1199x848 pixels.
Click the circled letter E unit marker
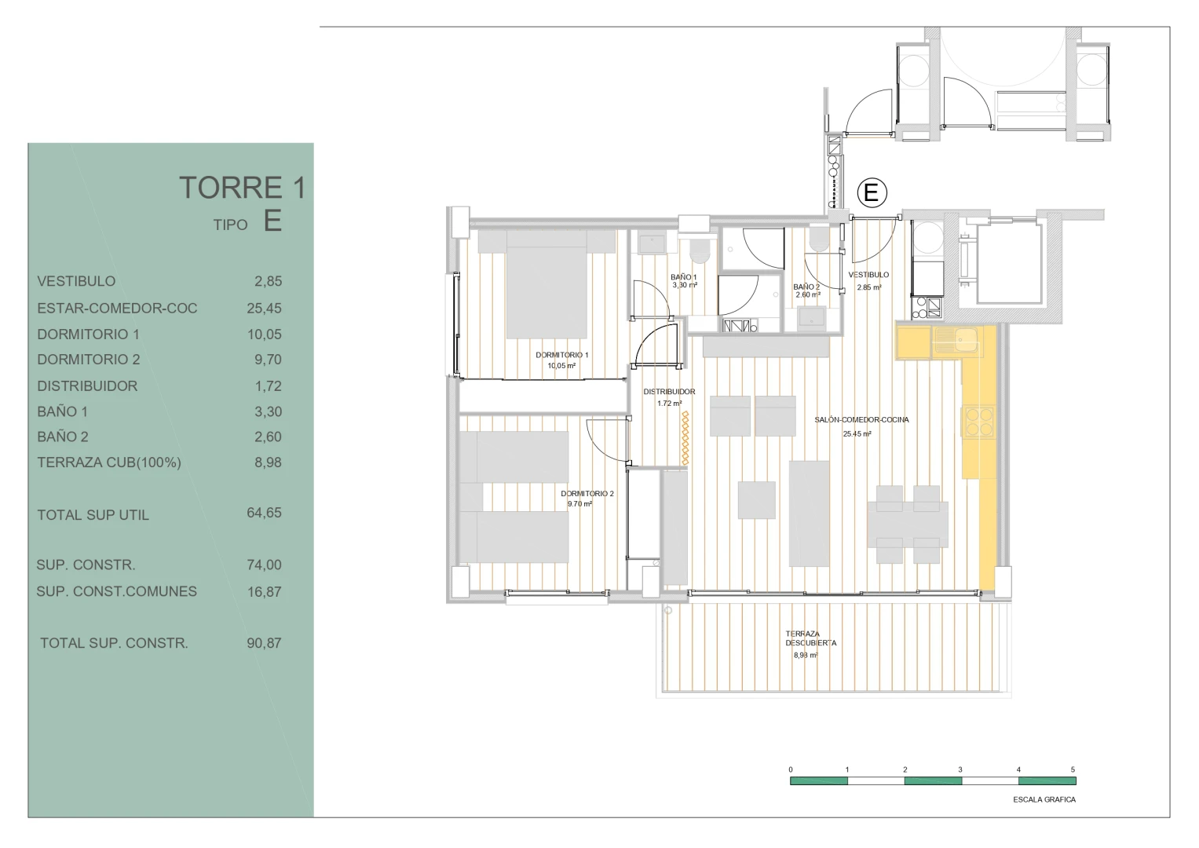872,192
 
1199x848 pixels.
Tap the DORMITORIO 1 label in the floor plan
562,355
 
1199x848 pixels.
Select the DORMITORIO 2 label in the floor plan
587,494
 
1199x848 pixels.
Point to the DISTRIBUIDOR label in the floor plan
669,392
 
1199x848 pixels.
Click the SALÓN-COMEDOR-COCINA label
862,420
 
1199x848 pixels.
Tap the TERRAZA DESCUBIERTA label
810,638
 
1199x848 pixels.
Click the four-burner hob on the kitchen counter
979,422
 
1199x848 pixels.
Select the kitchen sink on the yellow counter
958,341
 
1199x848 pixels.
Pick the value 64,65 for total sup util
264,513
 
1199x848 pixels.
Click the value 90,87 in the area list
264,643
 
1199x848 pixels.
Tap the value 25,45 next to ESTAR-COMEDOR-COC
264,309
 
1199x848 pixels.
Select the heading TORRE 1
242,188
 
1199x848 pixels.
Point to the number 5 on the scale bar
1073,769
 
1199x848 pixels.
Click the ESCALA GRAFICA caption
1044,800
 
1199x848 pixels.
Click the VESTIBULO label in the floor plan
868,275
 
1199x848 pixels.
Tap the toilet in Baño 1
700,250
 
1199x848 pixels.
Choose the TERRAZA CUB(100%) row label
109,462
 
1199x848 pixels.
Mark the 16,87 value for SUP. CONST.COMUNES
264,591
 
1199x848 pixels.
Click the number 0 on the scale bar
791,769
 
